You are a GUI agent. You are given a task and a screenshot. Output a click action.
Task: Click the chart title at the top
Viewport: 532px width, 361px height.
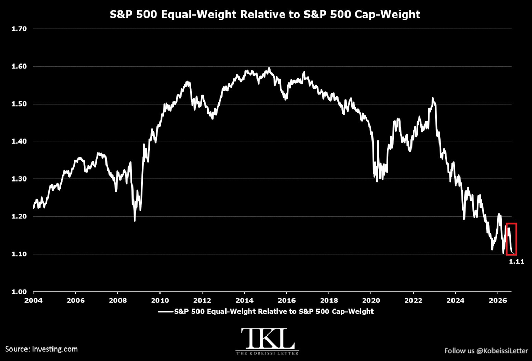[264, 14]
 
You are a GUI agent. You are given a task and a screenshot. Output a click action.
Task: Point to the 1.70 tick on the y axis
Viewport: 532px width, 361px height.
[19, 29]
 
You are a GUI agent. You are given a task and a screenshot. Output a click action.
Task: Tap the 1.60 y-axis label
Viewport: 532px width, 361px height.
[19, 66]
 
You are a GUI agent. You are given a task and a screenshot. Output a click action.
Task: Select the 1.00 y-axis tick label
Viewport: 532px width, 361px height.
[19, 292]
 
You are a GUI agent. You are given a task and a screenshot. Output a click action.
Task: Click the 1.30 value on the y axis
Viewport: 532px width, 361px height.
[19, 179]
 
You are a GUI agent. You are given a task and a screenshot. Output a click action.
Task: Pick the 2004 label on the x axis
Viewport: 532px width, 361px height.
[33, 300]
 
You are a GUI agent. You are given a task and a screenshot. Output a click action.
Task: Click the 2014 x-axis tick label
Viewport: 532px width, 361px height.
[244, 300]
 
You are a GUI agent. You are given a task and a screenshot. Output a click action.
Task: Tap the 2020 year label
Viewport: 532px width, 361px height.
[371, 300]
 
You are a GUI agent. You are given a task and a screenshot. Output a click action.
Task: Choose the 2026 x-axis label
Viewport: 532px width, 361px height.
[497, 300]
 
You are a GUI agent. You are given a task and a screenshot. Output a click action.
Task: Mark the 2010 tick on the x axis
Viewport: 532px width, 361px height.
[160, 300]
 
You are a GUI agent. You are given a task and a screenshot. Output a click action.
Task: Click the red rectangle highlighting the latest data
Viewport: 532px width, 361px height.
[506, 239]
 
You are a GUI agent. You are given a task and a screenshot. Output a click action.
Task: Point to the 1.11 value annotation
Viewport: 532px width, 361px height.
[516, 262]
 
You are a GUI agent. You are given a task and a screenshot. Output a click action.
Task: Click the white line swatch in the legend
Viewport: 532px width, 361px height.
[166, 312]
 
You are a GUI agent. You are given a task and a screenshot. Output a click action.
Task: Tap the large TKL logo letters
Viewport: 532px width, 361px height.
[268, 338]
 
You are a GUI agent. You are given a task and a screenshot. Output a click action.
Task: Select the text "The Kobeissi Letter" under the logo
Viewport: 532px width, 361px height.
[268, 353]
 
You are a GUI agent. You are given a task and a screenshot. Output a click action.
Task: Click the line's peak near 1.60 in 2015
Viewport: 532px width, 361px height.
[269, 68]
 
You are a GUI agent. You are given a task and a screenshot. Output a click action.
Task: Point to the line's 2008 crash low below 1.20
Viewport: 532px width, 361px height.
[135, 221]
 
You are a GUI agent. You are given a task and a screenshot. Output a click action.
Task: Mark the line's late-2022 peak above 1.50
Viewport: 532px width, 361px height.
[433, 98]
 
